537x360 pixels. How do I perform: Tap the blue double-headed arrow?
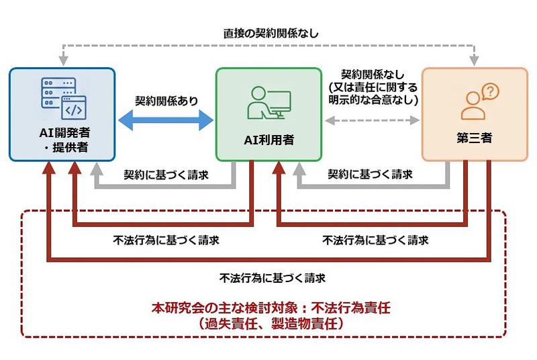click(166, 122)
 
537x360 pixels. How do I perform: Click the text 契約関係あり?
click(166, 101)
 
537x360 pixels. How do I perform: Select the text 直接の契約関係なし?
click(271, 32)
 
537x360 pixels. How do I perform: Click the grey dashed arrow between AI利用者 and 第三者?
click(371, 122)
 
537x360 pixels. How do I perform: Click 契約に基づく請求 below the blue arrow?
click(166, 175)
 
